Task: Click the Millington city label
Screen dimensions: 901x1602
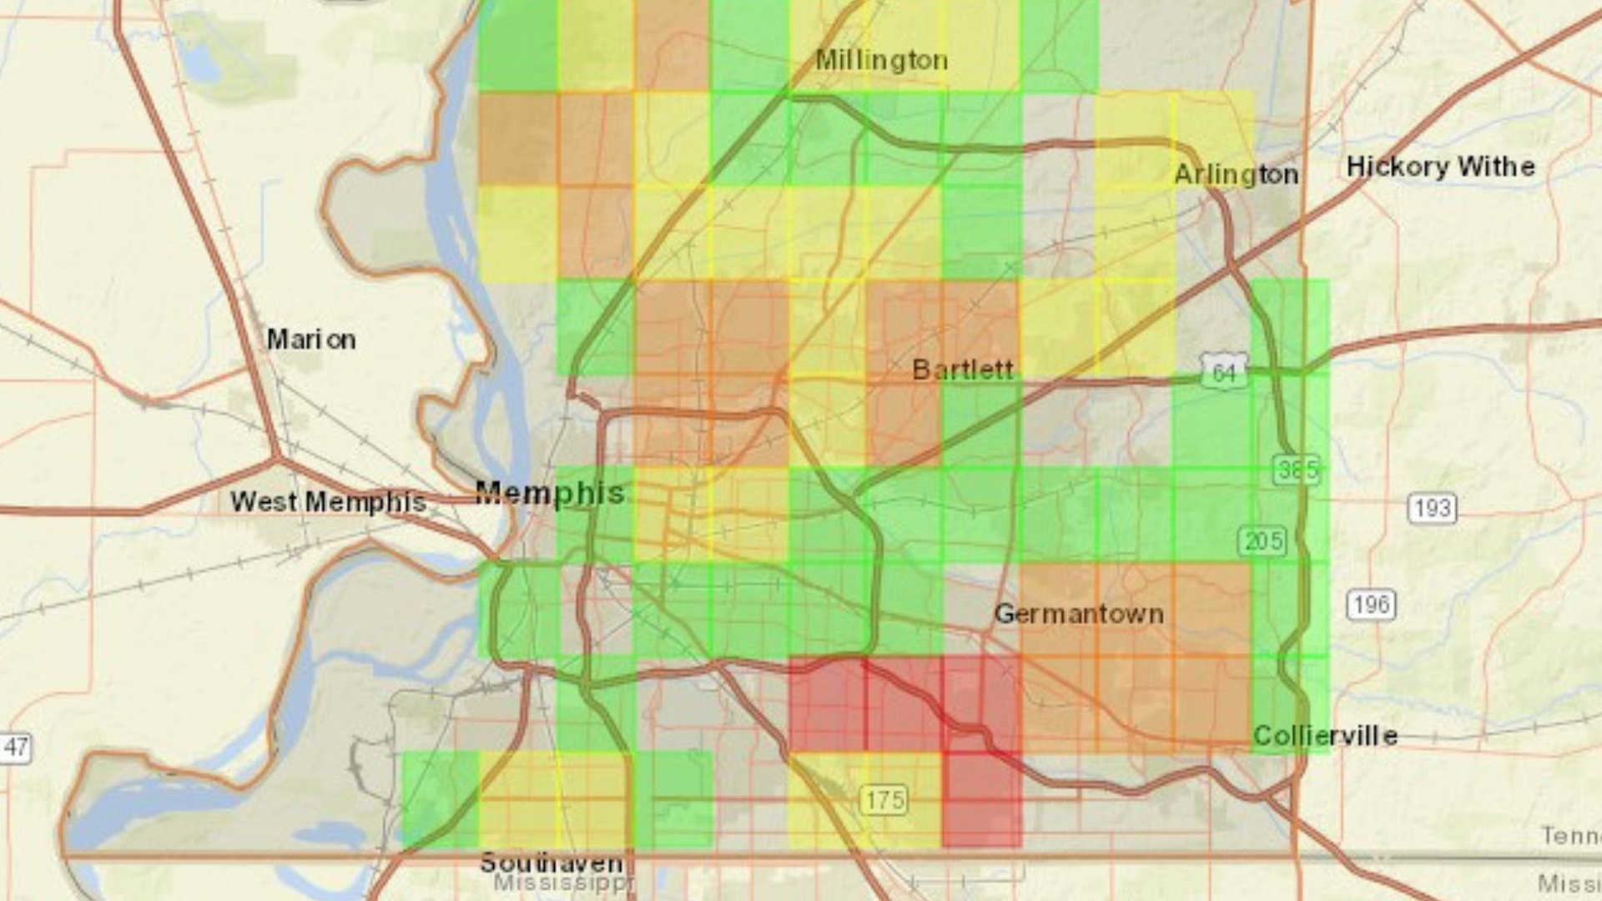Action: click(881, 60)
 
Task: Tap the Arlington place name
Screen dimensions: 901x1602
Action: click(1236, 174)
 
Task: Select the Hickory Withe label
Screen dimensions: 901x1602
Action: click(1440, 166)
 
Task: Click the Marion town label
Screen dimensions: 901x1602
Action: click(310, 340)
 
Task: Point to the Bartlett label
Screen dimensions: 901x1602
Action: click(963, 370)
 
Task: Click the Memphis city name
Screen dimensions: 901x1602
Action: click(549, 492)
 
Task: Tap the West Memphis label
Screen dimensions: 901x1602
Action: click(328, 501)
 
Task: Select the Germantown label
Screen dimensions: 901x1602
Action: click(1079, 614)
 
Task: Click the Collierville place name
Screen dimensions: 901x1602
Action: click(1325, 735)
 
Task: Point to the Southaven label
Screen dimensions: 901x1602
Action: click(551, 862)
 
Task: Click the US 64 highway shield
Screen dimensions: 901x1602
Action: click(1224, 371)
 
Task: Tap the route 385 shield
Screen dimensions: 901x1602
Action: click(1297, 470)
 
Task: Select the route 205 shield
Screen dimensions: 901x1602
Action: click(1262, 541)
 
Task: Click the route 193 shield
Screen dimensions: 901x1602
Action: click(1433, 507)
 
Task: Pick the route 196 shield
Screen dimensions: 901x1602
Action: click(1371, 604)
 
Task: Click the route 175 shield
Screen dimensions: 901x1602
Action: click(884, 800)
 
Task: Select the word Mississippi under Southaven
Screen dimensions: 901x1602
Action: click(563, 883)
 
